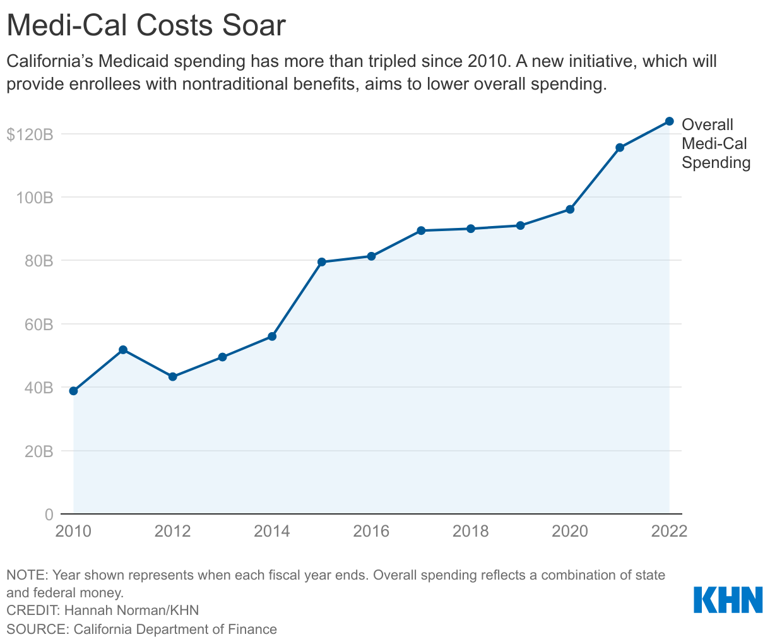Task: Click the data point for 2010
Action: coord(73,391)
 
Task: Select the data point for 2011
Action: coord(123,350)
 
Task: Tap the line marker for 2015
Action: coord(322,262)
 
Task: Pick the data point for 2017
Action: coord(421,230)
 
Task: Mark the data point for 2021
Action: coord(620,148)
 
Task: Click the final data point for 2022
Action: coord(670,121)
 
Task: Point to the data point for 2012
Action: coord(173,377)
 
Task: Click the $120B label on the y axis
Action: coord(29,134)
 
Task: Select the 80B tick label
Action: coord(39,261)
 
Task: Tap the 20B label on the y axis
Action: coord(39,451)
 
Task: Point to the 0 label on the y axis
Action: coord(49,515)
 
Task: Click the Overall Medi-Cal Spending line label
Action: coord(716,143)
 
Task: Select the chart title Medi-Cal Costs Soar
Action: coord(146,27)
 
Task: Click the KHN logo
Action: coord(728,600)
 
